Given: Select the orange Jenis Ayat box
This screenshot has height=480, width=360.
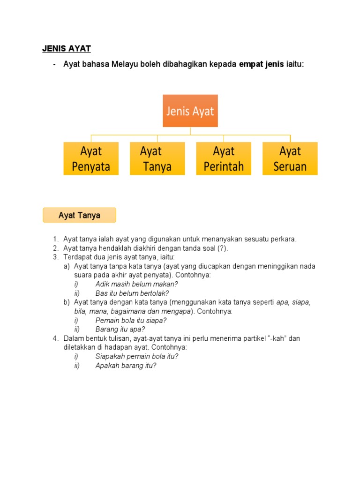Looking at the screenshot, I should click(x=190, y=111).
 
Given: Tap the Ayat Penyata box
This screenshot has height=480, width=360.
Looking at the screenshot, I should click(x=91, y=159).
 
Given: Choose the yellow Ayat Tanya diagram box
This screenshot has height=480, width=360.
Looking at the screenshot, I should click(x=157, y=159).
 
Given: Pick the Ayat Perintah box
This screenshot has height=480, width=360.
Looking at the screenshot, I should click(x=224, y=159).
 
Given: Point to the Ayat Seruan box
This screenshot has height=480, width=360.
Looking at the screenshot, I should click(x=290, y=159).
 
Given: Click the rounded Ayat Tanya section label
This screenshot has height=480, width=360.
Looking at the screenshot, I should click(x=79, y=216).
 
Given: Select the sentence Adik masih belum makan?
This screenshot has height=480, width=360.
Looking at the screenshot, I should click(x=137, y=284).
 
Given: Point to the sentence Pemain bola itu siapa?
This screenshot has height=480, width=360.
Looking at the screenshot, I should click(x=131, y=321).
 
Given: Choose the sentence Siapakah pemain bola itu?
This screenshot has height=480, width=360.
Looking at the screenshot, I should click(x=137, y=356).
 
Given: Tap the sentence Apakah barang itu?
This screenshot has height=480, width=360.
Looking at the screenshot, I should click(x=126, y=366).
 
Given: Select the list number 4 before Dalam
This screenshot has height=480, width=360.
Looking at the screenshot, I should click(x=56, y=338).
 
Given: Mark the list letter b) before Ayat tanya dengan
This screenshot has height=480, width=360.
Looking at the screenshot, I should click(x=67, y=302).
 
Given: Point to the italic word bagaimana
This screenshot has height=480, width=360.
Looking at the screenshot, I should click(x=130, y=312).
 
